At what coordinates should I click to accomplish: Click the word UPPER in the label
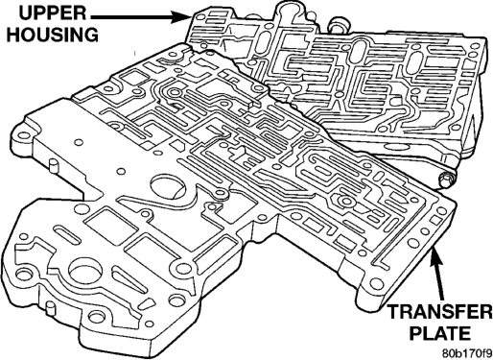coord(53,13)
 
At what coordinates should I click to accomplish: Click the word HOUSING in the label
coord(53,35)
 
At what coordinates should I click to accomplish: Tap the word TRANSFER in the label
coord(440,312)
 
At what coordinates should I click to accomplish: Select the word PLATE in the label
coord(440,333)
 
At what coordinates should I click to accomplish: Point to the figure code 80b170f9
coord(466,353)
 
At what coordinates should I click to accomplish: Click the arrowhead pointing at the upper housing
coord(181,16)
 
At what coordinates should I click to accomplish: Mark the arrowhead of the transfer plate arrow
coord(436,257)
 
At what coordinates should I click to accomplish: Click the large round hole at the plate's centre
coord(168,188)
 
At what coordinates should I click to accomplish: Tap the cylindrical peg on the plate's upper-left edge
coord(54,167)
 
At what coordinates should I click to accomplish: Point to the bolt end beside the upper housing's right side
coord(447,180)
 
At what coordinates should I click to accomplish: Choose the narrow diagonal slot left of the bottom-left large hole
coord(66,234)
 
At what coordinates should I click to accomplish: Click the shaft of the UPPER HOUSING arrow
coord(131,16)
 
